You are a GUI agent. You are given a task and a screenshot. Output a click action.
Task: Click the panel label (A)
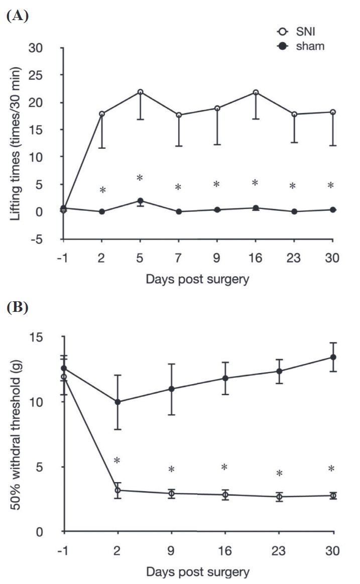pyautogui.click(x=18, y=16)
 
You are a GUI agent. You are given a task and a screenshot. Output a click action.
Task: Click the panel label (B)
pyautogui.click(x=18, y=307)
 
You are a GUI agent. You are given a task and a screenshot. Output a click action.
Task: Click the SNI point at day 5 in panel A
pyautogui.click(x=141, y=92)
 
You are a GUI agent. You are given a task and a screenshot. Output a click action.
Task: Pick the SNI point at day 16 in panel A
pyautogui.click(x=256, y=92)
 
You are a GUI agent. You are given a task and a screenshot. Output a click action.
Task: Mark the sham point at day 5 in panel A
pyautogui.click(x=141, y=201)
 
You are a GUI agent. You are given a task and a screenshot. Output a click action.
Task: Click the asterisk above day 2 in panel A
pyautogui.click(x=102, y=190)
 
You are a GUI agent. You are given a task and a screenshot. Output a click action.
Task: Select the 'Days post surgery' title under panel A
pyautogui.click(x=197, y=280)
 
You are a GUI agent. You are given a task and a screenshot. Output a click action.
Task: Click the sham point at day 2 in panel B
pyautogui.click(x=117, y=402)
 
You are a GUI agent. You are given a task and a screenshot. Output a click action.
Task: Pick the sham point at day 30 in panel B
pyautogui.click(x=332, y=357)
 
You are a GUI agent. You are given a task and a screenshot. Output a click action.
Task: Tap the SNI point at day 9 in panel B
pyautogui.click(x=172, y=493)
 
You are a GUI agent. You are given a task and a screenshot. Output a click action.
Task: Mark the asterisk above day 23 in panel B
pyautogui.click(x=279, y=474)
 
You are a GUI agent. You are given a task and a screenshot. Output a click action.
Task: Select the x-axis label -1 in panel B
pyautogui.click(x=63, y=551)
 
